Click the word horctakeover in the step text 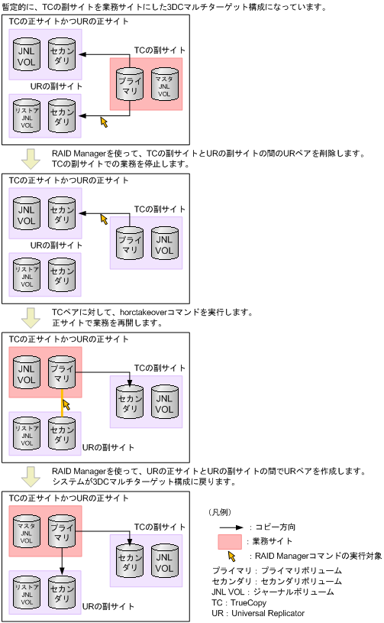click(157, 313)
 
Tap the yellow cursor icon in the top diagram click(105, 122)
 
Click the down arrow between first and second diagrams click(31, 158)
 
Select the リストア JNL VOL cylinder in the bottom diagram click(27, 595)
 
